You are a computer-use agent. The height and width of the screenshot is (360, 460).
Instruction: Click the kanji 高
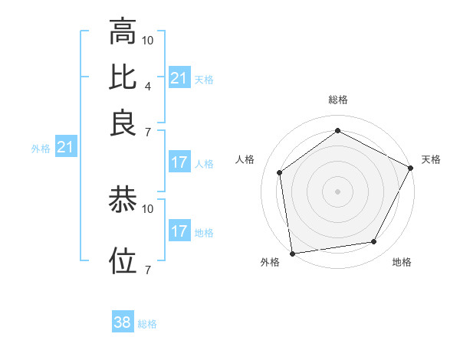123,32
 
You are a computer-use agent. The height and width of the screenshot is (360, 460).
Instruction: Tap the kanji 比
123,77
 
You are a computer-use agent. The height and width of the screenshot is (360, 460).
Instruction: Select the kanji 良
123,123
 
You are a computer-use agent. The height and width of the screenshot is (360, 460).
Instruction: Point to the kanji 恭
123,201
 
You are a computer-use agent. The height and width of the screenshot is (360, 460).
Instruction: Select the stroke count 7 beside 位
147,270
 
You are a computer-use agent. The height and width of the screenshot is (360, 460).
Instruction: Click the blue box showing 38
123,322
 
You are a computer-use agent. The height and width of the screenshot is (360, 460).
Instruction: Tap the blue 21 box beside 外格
64,147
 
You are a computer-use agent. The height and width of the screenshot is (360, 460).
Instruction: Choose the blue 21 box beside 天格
179,78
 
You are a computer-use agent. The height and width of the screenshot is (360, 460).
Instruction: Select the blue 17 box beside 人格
179,162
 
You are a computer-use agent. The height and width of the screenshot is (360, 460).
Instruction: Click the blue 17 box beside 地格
179,231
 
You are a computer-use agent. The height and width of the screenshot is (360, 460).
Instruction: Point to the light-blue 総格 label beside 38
147,323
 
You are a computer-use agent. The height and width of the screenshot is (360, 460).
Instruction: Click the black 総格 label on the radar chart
337,100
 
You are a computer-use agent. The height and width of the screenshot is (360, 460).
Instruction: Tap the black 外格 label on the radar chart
270,263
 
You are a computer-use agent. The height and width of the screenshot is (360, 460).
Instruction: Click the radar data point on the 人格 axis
280,172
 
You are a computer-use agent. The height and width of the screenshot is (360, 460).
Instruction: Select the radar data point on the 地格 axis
373,241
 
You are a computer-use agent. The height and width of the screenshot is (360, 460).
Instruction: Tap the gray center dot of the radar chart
337,191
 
